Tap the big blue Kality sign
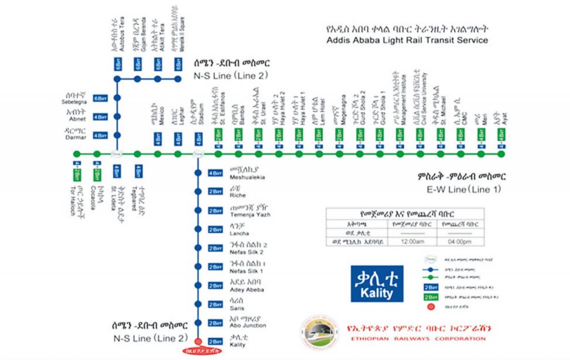(x=377, y=283)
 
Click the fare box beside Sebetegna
(x=100, y=98)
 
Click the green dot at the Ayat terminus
(x=502, y=154)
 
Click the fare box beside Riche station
(x=215, y=192)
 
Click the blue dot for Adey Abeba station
(x=198, y=285)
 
